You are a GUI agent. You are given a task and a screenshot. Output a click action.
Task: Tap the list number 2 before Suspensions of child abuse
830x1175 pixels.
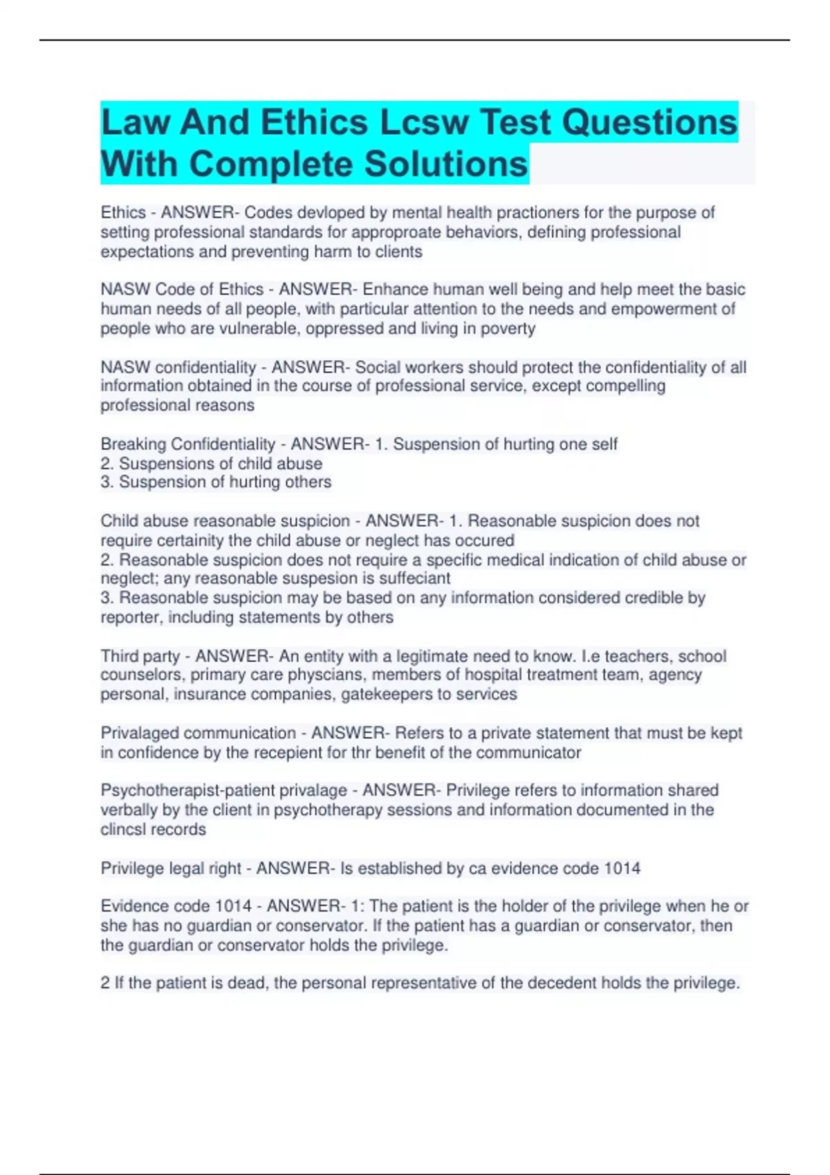coord(107,463)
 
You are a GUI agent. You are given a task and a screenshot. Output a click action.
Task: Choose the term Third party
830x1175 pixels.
coord(140,656)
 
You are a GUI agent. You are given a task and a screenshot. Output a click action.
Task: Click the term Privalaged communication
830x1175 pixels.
coord(198,733)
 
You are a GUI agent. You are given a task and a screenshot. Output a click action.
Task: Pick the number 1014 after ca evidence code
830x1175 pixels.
coord(622,868)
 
